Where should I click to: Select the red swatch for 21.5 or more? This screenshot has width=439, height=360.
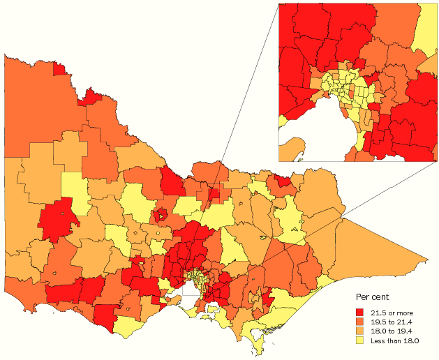(360, 311)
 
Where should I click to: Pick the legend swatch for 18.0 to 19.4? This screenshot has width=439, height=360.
(360, 331)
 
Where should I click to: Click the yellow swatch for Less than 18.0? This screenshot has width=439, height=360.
(360, 340)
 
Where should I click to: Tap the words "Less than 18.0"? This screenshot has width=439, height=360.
(397, 340)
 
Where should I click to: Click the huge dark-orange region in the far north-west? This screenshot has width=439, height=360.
(28, 105)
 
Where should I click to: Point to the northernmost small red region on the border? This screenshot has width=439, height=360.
(60, 68)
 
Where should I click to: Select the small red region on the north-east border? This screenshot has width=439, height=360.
(283, 181)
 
